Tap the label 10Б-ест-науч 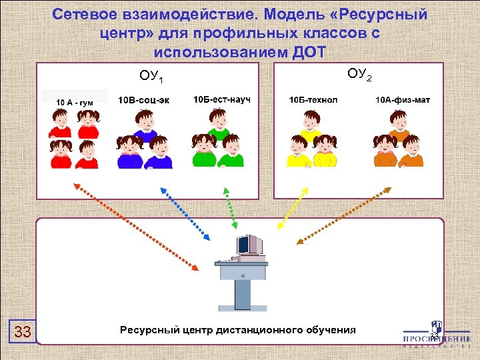(222, 99)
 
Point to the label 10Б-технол (313, 100)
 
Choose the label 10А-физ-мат (403, 100)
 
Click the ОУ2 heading (359, 73)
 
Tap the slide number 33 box (22, 331)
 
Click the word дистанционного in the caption (261, 330)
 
